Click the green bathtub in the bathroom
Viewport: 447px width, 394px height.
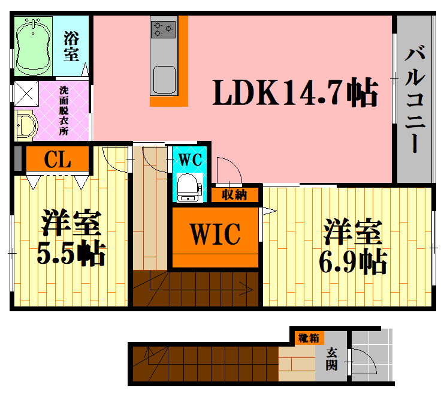point(33,47)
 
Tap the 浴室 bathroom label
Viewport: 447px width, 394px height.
point(71,46)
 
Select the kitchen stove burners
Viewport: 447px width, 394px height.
point(163,29)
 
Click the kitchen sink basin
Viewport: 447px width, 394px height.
point(164,80)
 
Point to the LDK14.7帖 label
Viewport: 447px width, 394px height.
point(295,92)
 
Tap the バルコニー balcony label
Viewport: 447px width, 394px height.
point(415,98)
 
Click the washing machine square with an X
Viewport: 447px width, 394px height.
point(26,94)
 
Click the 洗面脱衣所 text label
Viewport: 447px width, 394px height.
point(64,111)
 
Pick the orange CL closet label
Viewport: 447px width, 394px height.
point(58,159)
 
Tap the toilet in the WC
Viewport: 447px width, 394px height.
point(189,187)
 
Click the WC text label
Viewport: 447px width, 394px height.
point(190,160)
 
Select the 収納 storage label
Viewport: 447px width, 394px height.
point(234,194)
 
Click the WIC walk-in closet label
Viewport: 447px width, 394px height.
point(215,234)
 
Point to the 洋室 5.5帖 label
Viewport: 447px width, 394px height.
point(71,237)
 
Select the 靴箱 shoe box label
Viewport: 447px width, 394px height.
point(309,338)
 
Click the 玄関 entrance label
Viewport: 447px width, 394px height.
point(331,359)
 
